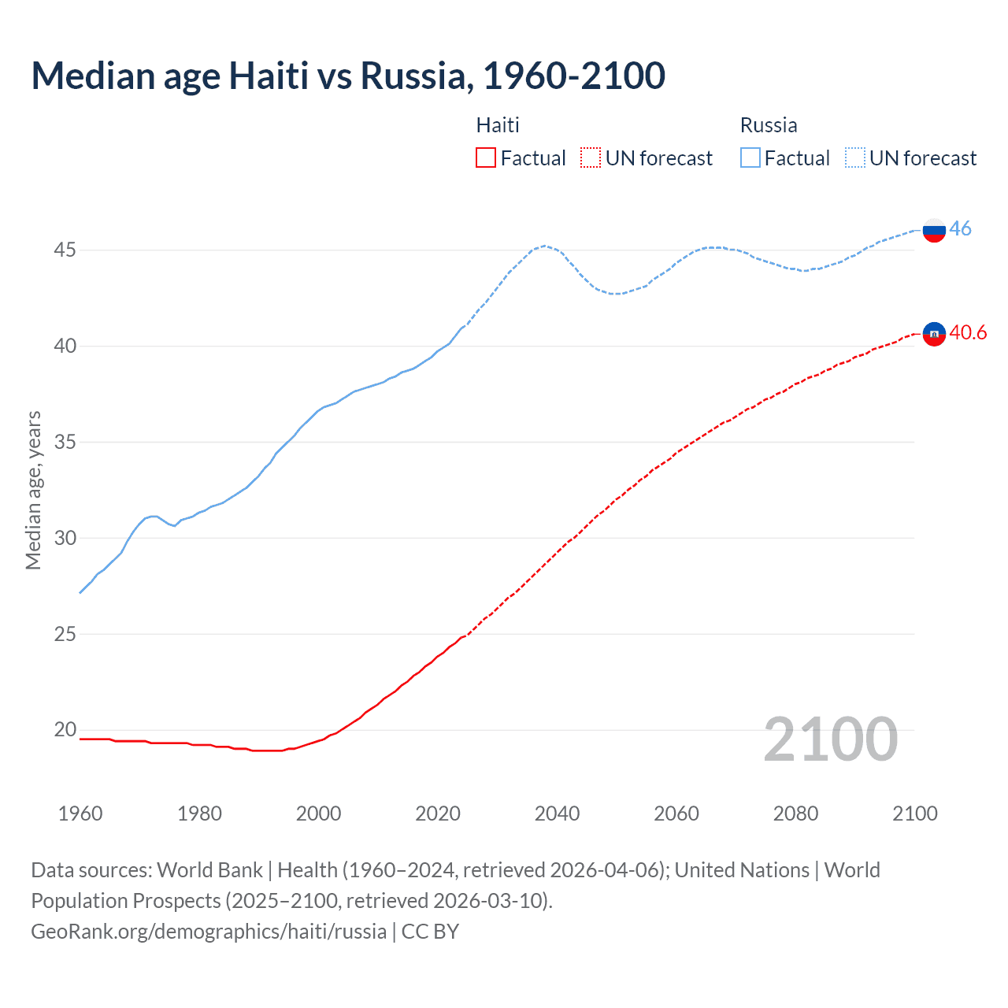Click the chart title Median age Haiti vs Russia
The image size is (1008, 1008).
(348, 76)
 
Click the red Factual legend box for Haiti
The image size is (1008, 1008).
(486, 157)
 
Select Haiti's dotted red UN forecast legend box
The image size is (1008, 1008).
(591, 157)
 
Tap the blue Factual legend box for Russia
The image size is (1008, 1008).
(750, 157)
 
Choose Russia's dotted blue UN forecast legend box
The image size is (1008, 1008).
(855, 157)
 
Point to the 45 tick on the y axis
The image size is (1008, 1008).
(65, 250)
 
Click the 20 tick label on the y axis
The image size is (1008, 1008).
(65, 730)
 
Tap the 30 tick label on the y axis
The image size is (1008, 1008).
(65, 539)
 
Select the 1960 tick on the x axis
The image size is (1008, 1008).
(80, 813)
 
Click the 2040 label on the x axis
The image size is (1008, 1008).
(557, 813)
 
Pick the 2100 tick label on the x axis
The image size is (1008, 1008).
(914, 813)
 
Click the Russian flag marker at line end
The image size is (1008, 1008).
(934, 230)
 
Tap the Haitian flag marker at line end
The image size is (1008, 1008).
(934, 334)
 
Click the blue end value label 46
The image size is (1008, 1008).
(960, 228)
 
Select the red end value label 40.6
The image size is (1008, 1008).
(968, 333)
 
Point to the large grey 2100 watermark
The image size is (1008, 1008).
(831, 739)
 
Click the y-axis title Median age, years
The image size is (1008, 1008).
(33, 490)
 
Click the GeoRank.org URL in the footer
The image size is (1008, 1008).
(209, 932)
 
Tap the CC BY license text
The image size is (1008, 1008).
(430, 932)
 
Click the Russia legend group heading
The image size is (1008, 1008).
(769, 125)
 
